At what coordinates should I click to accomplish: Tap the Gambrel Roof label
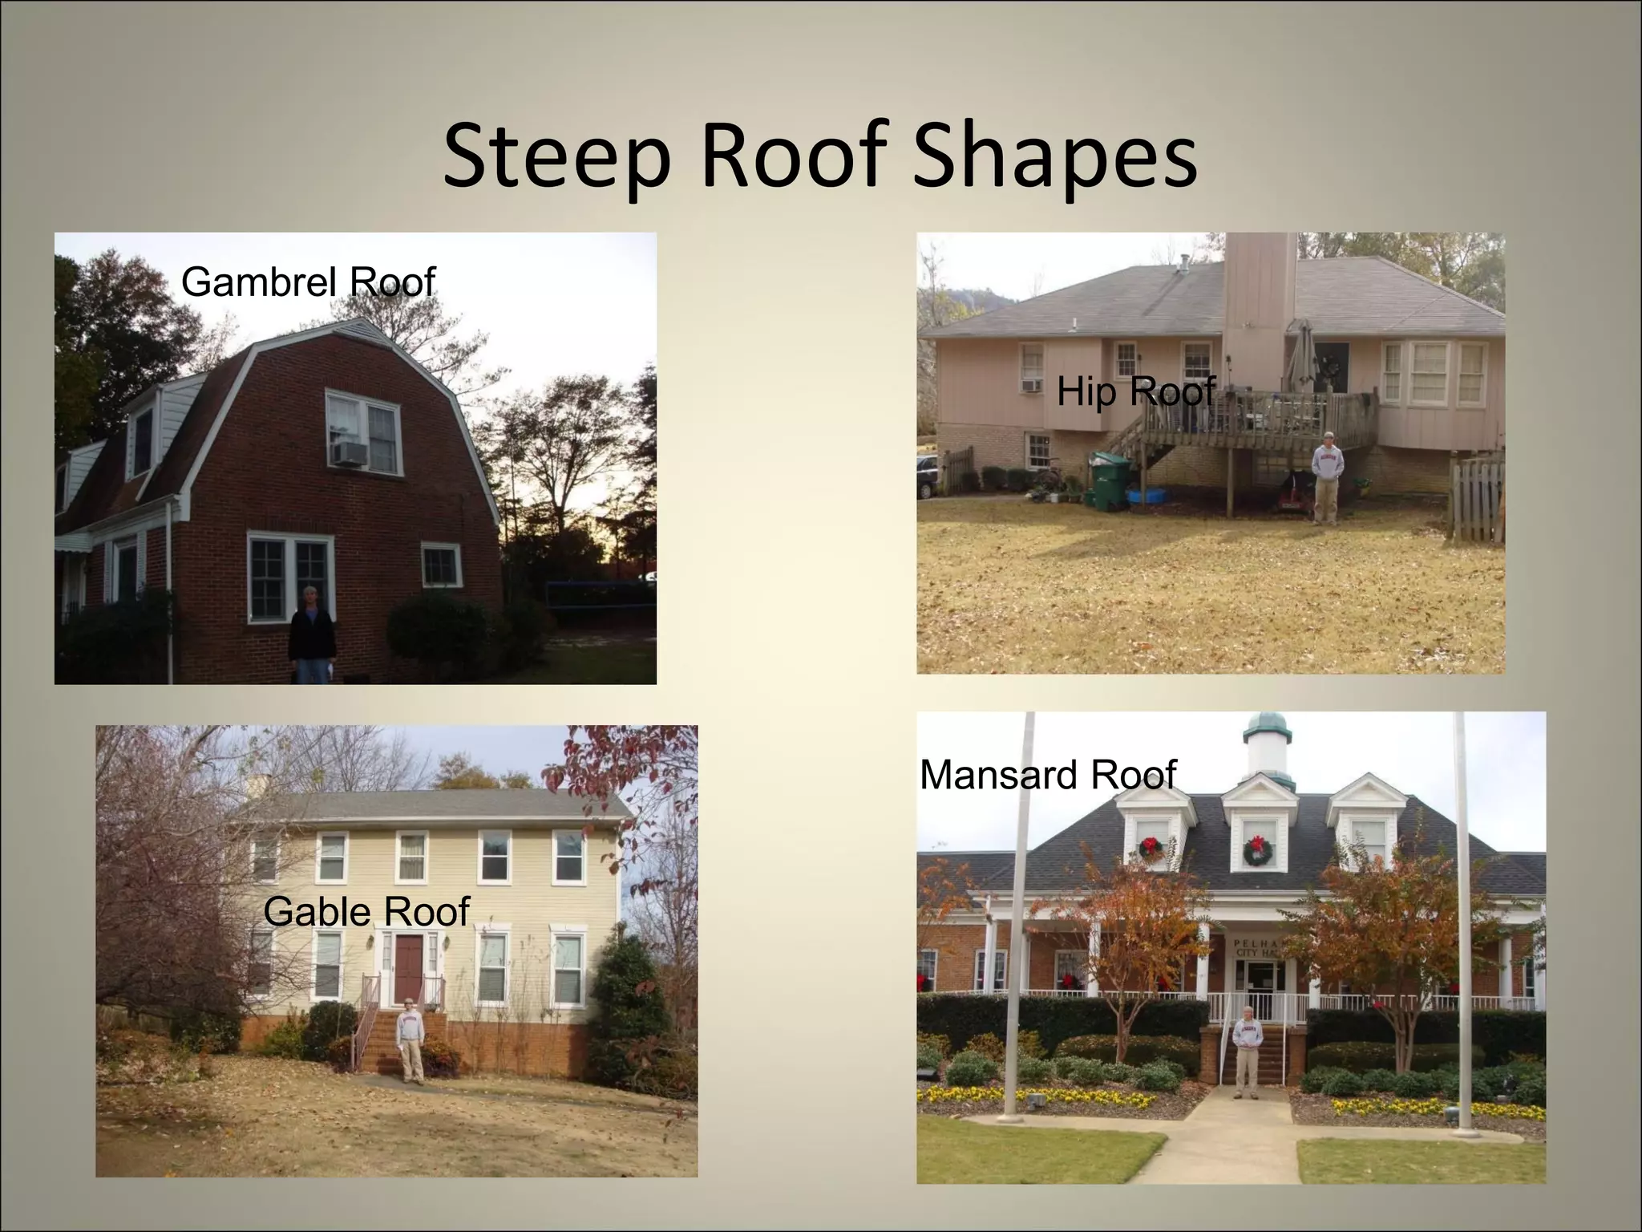point(307,282)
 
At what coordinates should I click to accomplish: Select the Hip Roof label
point(1135,391)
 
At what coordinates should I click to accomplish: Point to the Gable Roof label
point(366,911)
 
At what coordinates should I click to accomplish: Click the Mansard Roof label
point(1047,775)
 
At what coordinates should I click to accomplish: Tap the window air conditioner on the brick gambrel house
point(350,453)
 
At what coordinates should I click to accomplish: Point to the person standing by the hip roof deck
point(1328,486)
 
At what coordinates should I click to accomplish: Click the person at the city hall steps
point(1248,1052)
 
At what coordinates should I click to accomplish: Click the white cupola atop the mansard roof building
point(1267,744)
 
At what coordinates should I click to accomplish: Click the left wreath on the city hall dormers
point(1151,847)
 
